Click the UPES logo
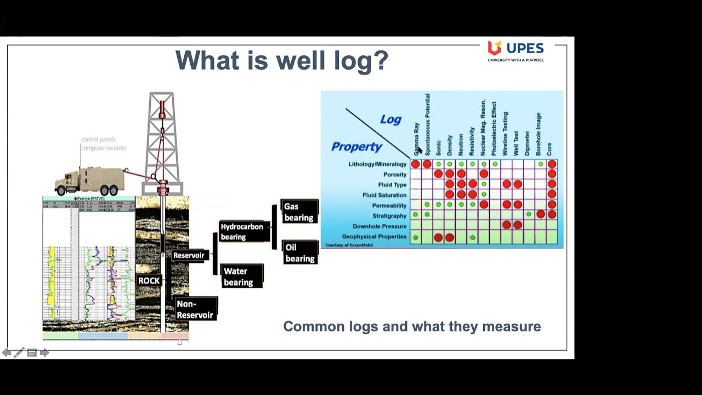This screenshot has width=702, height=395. point(515,50)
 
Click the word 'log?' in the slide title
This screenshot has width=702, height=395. point(359,60)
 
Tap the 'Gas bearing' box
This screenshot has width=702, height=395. point(299,212)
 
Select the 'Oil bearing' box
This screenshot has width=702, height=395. point(300,253)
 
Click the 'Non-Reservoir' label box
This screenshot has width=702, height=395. point(195,309)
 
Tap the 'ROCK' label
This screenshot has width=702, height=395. point(149,280)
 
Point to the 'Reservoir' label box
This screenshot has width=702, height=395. point(189,255)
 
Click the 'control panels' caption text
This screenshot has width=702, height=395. point(99,140)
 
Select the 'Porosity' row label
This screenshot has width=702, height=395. point(395,174)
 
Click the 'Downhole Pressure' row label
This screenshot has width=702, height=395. point(380,226)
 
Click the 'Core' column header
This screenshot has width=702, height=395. point(550,149)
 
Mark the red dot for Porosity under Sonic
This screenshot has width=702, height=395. point(438,174)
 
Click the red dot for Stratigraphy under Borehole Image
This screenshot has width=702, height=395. point(541,214)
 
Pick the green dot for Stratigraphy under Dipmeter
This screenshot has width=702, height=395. point(529,214)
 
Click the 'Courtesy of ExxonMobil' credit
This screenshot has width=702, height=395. point(349,245)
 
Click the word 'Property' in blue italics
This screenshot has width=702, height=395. point(356,146)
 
